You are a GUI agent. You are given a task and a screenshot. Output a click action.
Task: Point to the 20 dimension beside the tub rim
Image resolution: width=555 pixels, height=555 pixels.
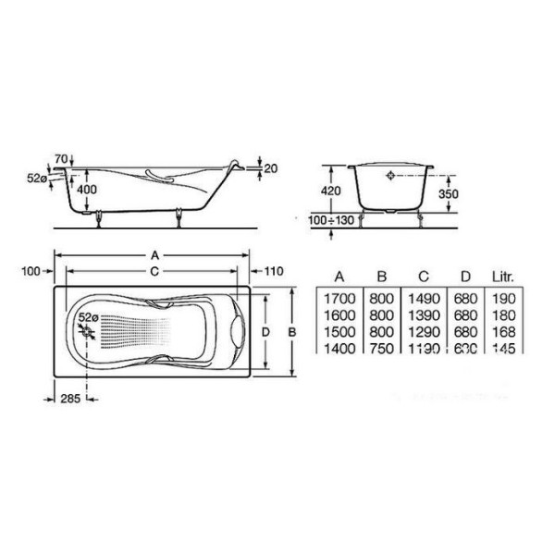[x=270, y=168]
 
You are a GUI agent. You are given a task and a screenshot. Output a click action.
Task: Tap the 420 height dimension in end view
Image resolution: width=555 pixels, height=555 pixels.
[x=331, y=191]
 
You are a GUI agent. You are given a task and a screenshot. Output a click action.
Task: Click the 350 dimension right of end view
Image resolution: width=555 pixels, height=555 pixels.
[x=449, y=195]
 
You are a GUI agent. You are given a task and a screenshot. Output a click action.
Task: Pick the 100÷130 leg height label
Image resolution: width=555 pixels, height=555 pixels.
[x=329, y=221]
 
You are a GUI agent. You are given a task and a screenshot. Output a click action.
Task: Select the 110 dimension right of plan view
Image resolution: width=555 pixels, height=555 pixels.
[x=272, y=271]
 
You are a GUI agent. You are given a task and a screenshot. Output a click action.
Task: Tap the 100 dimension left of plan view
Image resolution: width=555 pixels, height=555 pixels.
[x=33, y=270]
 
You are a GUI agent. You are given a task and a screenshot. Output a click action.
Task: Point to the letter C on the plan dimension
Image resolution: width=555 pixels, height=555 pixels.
[x=154, y=271]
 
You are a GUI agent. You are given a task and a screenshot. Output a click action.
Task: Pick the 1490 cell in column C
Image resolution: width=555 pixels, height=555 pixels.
[x=423, y=300]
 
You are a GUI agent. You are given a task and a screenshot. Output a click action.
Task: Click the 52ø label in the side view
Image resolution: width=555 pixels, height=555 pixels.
[x=36, y=178]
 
